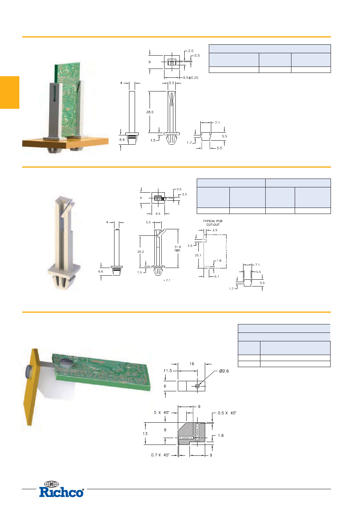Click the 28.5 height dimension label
(x=150, y=112)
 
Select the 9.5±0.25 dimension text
(x=190, y=78)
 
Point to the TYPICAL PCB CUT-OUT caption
(x=213, y=223)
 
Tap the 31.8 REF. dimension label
(x=177, y=249)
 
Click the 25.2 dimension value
(x=140, y=252)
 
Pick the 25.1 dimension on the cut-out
(x=198, y=256)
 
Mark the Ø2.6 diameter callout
(x=224, y=371)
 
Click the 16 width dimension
(x=191, y=364)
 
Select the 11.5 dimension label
(x=168, y=371)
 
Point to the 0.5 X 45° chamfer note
(x=227, y=413)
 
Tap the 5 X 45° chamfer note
(x=161, y=412)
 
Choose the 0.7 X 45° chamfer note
(x=160, y=455)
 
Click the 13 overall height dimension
(x=145, y=434)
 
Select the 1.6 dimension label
(x=221, y=435)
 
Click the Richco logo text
(x=61, y=492)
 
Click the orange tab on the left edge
(x=10, y=92)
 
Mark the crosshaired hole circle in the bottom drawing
(x=197, y=386)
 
